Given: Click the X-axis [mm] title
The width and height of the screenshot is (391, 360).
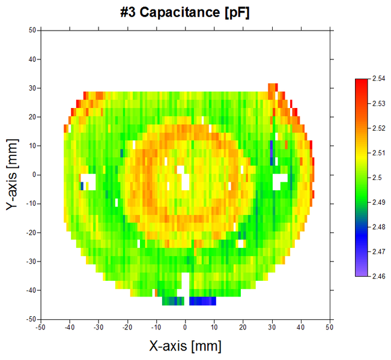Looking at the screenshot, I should pos(185,346).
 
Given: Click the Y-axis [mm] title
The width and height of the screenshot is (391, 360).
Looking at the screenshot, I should pos(12,174).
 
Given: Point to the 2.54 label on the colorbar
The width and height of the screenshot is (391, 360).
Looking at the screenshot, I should pos(379,79).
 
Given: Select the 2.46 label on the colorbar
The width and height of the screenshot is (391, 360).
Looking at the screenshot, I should pos(379,276).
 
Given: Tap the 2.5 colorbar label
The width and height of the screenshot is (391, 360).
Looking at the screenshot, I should pos(377,178).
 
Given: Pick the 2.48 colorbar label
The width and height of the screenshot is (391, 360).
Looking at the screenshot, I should pos(379,227).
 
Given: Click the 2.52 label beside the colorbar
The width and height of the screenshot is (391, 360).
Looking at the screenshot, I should pos(379,128).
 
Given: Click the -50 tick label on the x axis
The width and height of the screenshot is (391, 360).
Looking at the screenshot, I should pos(40,328).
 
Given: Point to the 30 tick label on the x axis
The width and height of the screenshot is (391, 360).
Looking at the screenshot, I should pos(272,328).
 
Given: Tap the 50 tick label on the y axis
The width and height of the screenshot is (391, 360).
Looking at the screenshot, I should pos(32,30).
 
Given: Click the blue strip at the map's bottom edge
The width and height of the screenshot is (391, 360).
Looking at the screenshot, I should pos(202,301).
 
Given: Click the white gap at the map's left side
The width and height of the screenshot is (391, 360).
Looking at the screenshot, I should pos(89,180).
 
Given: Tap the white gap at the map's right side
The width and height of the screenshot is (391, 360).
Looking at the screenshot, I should pos(280,180).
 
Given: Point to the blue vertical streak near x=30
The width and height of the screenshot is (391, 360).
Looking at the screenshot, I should pos(271,152).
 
